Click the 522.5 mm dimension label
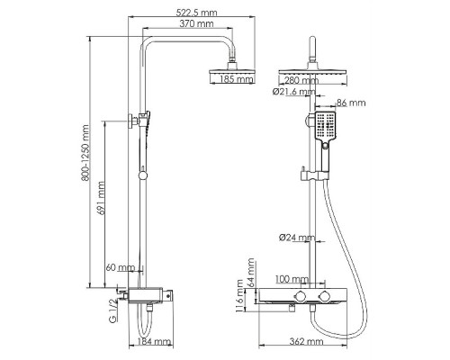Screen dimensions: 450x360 [196, 13]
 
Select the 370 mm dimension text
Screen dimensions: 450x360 [196, 23]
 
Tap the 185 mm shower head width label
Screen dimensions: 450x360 [237, 79]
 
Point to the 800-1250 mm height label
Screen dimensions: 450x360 [85, 153]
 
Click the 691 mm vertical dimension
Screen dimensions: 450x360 [102, 198]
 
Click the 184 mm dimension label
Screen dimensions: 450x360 [154, 341]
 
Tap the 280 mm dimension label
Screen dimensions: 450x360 [301, 80]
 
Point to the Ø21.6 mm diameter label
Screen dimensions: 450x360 [294, 92]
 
